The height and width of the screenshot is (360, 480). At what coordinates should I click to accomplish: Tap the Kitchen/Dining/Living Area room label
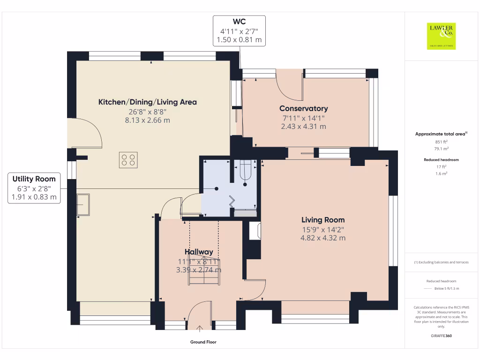click(x=147, y=102)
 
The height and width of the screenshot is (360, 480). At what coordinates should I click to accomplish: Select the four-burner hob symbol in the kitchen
click(x=129, y=160)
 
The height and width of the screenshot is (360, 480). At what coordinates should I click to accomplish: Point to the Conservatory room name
click(x=303, y=109)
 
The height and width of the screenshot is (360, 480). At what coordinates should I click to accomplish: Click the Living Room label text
click(x=323, y=220)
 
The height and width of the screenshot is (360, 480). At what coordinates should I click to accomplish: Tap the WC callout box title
click(x=240, y=22)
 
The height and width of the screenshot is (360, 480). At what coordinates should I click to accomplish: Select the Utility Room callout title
click(x=34, y=179)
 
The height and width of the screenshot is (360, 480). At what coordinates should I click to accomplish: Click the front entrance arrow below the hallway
click(x=200, y=328)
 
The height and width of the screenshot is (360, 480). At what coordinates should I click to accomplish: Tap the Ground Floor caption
click(x=203, y=342)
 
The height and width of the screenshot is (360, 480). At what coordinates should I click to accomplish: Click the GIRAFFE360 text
click(x=442, y=336)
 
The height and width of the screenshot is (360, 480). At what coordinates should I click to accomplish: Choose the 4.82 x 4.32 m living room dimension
click(x=323, y=238)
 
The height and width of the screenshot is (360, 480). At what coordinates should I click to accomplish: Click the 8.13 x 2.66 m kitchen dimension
click(x=147, y=120)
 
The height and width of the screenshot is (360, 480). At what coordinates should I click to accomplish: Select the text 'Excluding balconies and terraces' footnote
click(x=442, y=262)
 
